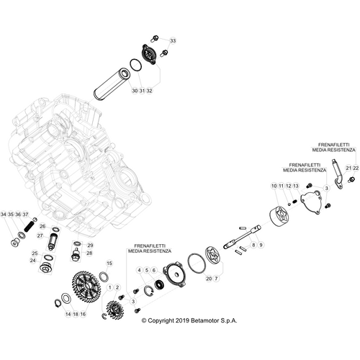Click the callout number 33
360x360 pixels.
[172, 42]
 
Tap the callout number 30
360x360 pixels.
[135, 91]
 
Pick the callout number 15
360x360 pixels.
[109, 264]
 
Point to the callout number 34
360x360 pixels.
[4, 215]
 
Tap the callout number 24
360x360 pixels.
[32, 261]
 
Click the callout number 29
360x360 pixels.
[90, 245]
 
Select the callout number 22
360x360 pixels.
[356, 167]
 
